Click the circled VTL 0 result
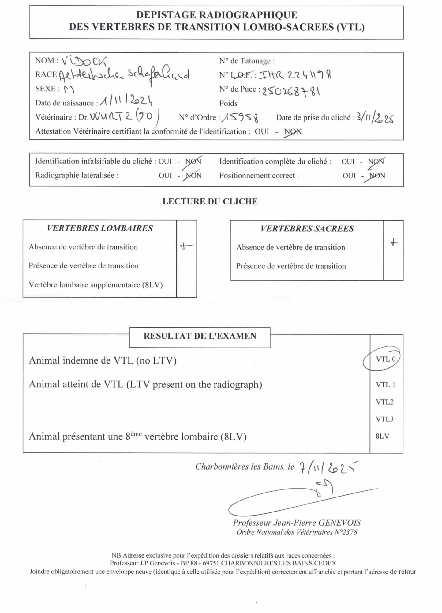pyautogui.click(x=385, y=359)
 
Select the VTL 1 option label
pyautogui.click(x=385, y=385)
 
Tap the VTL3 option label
pyautogui.click(x=384, y=419)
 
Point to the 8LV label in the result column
pyautogui.click(x=382, y=436)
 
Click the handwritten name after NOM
pyautogui.click(x=84, y=61)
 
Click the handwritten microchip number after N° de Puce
pyautogui.click(x=291, y=91)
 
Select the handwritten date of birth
pyautogui.click(x=126, y=100)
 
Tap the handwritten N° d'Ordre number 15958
pyautogui.click(x=240, y=117)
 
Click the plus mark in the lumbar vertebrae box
pyautogui.click(x=186, y=246)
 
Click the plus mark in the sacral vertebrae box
pyautogui.click(x=394, y=243)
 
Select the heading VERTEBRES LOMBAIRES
pyautogui.click(x=100, y=228)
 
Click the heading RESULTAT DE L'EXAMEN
pyautogui.click(x=200, y=336)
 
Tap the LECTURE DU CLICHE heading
pyautogui.click(x=210, y=201)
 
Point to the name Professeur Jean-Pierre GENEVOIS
pyautogui.click(x=297, y=523)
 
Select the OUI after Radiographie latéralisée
pyautogui.click(x=165, y=176)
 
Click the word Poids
pyautogui.click(x=228, y=103)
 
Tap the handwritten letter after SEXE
pyautogui.click(x=69, y=89)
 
